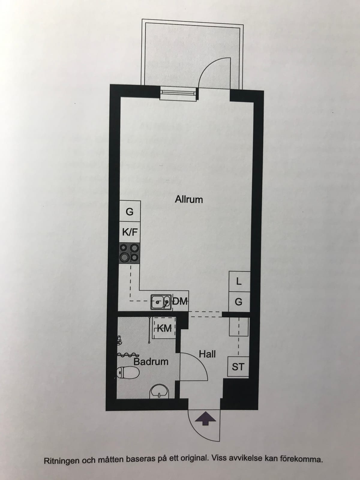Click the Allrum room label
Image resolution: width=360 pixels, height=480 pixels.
click(x=189, y=199)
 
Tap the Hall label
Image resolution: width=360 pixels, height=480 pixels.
click(x=207, y=354)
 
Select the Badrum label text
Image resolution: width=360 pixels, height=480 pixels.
click(x=151, y=362)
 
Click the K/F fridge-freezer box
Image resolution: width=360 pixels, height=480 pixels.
click(x=130, y=232)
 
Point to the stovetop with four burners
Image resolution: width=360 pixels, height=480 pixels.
click(x=130, y=253)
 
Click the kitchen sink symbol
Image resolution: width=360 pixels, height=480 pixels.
click(x=161, y=302)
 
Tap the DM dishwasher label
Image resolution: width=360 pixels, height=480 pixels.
click(x=180, y=302)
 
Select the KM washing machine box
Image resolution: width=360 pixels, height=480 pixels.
click(x=164, y=328)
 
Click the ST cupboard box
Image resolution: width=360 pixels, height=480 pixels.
click(x=238, y=367)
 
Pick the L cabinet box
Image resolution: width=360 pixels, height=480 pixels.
click(x=239, y=281)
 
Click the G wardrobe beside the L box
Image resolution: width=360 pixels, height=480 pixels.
click(x=239, y=302)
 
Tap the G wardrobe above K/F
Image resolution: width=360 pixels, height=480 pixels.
click(x=130, y=211)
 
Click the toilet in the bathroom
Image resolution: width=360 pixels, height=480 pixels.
click(x=128, y=373)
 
